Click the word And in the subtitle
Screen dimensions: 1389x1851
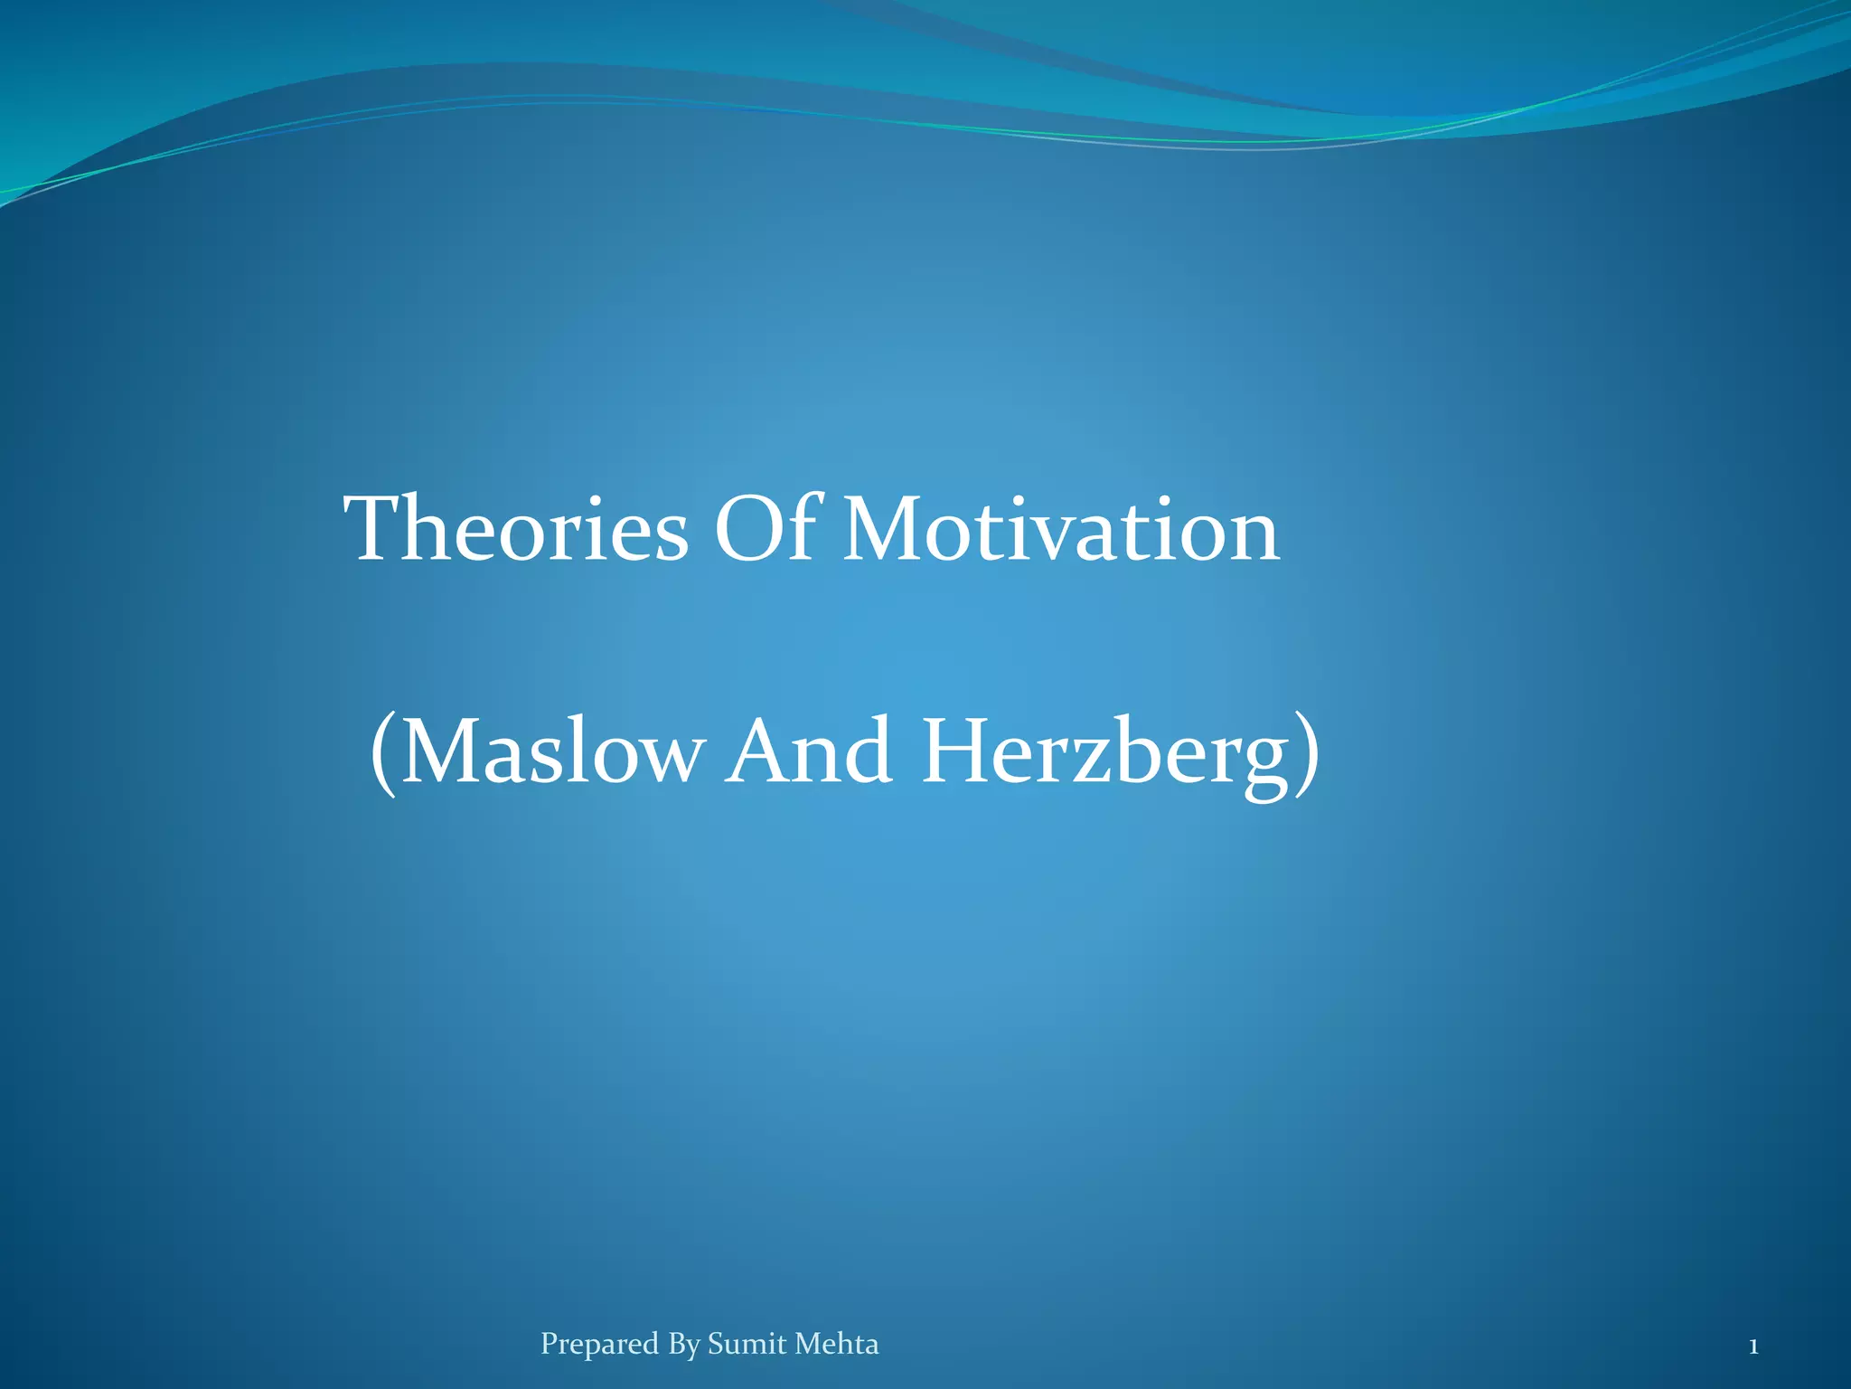[x=811, y=751]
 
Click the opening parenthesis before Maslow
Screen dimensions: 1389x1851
[x=383, y=754]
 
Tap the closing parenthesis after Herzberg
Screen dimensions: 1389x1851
[x=1307, y=754]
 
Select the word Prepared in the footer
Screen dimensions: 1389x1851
[x=599, y=1345]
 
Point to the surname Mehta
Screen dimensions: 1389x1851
[x=837, y=1344]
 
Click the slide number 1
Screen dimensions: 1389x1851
[x=1752, y=1347]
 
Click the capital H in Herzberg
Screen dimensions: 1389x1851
[x=957, y=751]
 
